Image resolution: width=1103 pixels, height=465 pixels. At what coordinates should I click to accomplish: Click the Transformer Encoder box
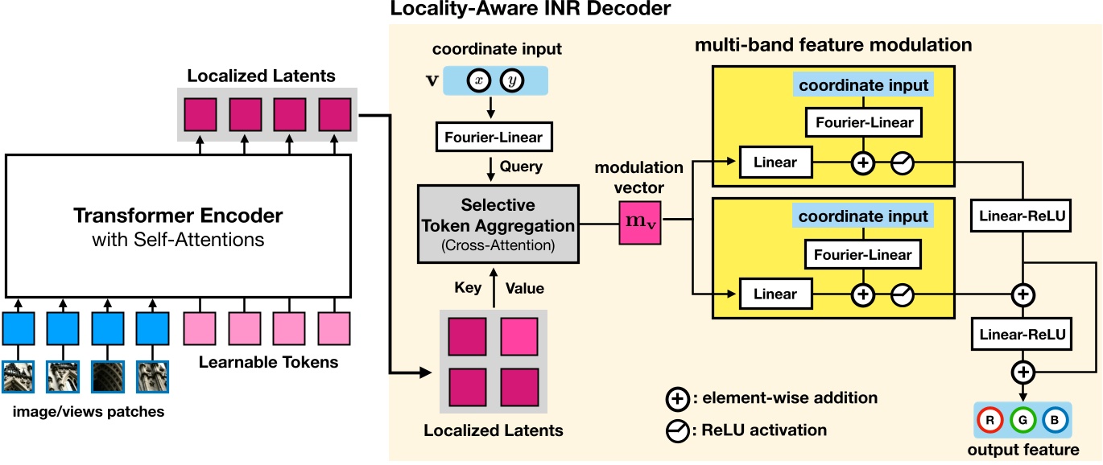click(x=178, y=225)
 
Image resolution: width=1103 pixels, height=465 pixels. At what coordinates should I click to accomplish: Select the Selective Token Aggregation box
click(x=498, y=223)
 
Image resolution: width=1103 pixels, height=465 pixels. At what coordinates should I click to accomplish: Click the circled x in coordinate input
click(x=481, y=81)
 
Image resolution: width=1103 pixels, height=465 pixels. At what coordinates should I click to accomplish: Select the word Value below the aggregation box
click(x=524, y=288)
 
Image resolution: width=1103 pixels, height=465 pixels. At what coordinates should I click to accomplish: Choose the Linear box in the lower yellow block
click(x=775, y=294)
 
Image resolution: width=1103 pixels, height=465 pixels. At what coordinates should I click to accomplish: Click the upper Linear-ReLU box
click(x=1022, y=216)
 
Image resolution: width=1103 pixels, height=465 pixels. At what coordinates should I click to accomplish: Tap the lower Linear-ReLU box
click(x=1022, y=334)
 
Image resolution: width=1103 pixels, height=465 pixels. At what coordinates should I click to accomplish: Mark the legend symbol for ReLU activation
click(x=677, y=430)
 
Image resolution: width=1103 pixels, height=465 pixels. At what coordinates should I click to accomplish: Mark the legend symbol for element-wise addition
click(x=677, y=398)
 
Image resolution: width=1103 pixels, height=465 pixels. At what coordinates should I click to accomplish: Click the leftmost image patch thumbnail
click(x=19, y=377)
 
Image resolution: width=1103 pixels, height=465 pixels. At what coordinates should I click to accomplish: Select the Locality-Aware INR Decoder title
click(x=530, y=10)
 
